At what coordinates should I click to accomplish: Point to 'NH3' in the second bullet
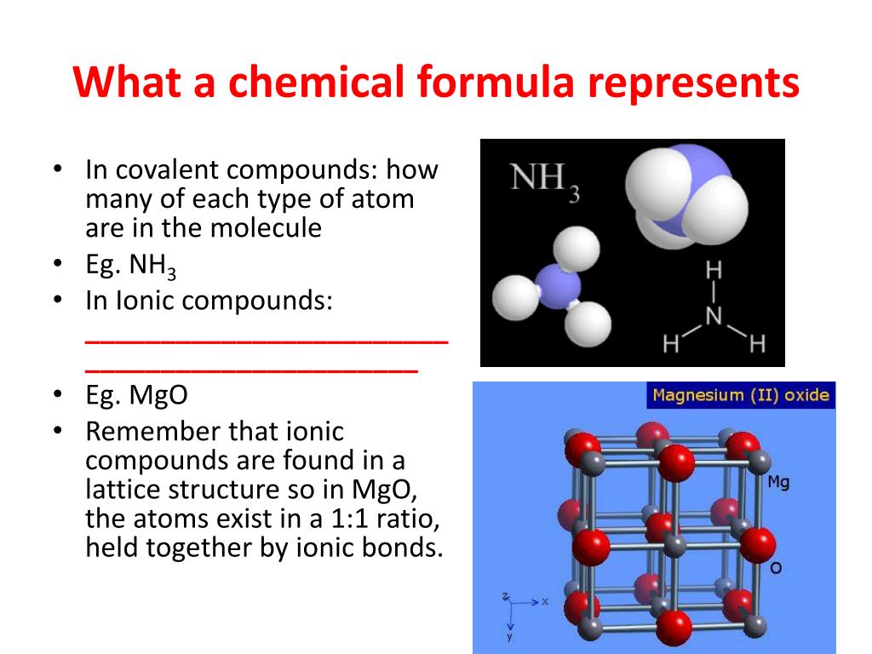click(x=152, y=266)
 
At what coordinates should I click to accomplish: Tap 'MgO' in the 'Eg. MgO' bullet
click(x=158, y=396)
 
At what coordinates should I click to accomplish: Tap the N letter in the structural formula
click(x=714, y=317)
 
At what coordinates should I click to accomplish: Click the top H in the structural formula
click(x=714, y=271)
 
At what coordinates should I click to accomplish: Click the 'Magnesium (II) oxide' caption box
click(x=741, y=395)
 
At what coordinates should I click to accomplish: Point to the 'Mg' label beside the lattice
click(x=778, y=482)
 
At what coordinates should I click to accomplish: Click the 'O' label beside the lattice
click(x=776, y=568)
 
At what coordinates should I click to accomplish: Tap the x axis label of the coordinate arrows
click(x=545, y=602)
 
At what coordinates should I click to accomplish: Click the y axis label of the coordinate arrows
click(x=509, y=637)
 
